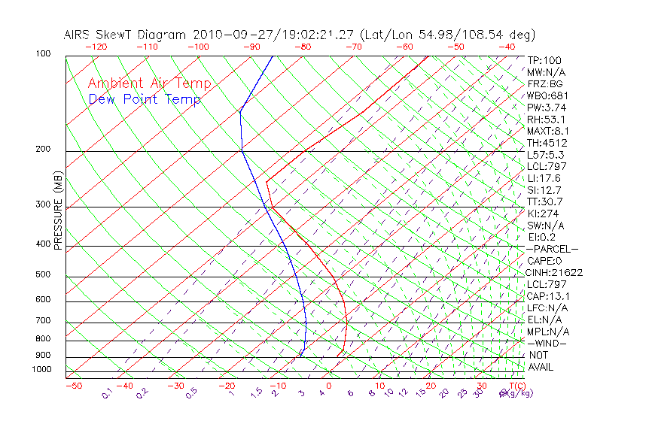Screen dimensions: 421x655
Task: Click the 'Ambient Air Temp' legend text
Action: [x=149, y=83]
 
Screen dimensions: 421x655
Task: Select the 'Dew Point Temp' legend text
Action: [x=145, y=99]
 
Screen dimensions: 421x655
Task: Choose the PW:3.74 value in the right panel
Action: [x=546, y=108]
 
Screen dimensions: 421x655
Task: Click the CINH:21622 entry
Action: [x=555, y=272]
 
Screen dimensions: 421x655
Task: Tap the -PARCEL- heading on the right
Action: [x=553, y=249]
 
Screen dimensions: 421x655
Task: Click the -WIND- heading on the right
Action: [x=547, y=343]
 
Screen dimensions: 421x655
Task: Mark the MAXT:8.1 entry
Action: [x=547, y=131]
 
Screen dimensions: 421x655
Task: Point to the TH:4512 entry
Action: [x=547, y=143]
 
